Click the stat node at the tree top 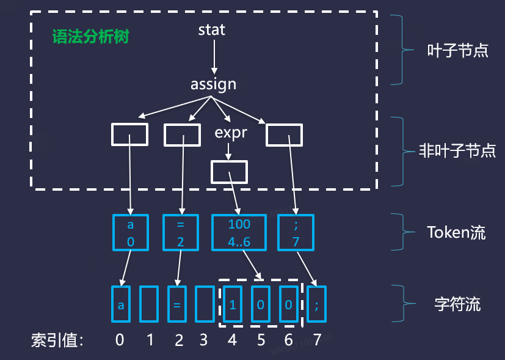tap(212, 29)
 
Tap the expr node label tap(231, 132)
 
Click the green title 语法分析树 tap(90, 36)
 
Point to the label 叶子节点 tap(457, 50)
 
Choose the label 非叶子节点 tap(457, 150)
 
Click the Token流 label tap(457, 232)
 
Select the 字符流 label tap(457, 303)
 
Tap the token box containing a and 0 tap(130, 232)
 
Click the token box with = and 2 tap(180, 232)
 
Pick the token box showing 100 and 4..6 tap(239, 232)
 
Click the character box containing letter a tap(120, 304)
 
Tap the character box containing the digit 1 tap(232, 304)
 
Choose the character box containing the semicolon tap(316, 304)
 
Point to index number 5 tap(261, 340)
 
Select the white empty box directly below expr tap(229, 172)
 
